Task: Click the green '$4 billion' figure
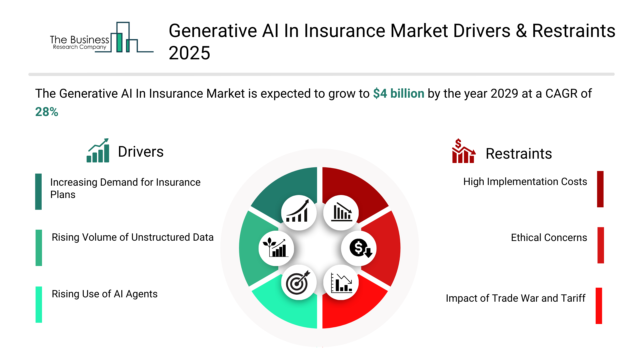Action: [x=399, y=94]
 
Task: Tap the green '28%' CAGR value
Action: [x=47, y=112]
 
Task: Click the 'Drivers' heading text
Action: [x=141, y=152]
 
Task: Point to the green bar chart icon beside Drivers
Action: [x=98, y=150]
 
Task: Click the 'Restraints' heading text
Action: [x=519, y=154]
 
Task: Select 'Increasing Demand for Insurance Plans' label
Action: [x=125, y=188]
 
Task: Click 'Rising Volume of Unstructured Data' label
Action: [x=133, y=237]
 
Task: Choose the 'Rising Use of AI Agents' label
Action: [x=105, y=294]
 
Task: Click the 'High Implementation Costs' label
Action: [x=525, y=182]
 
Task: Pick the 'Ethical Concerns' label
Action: [x=549, y=238]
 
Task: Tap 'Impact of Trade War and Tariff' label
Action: [x=516, y=298]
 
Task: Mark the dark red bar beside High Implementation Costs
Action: [x=600, y=189]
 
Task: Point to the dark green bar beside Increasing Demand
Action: [x=38, y=192]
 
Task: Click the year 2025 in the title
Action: [x=189, y=53]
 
